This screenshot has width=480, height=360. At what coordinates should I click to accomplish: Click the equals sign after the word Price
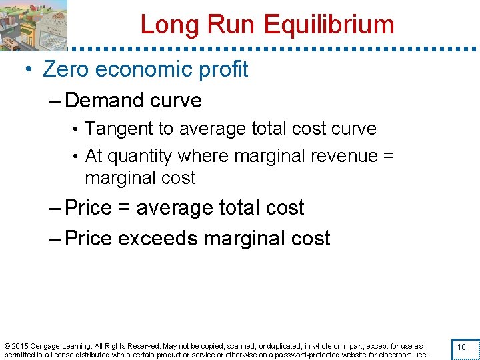[x=123, y=209]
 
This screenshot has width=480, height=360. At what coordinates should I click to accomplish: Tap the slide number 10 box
[x=461, y=347]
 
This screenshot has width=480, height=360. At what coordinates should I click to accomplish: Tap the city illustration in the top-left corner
[x=33, y=25]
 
